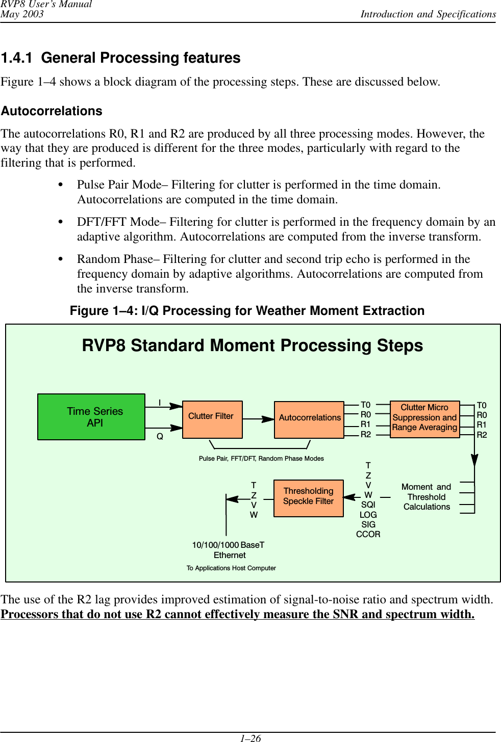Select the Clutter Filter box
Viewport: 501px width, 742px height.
tap(212, 419)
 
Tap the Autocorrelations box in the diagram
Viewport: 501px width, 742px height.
tap(309, 419)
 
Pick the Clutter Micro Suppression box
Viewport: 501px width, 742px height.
tap(424, 419)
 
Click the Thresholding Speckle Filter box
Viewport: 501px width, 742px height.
tap(308, 498)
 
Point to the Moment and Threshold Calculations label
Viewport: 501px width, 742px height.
tap(427, 497)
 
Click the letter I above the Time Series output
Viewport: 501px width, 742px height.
tap(160, 403)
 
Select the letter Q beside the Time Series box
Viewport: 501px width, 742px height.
tap(160, 437)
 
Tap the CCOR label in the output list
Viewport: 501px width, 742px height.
tap(368, 534)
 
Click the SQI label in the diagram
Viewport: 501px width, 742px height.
tap(368, 505)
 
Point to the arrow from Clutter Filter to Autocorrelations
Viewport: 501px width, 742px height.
tap(258, 419)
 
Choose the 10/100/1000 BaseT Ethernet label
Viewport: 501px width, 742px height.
tap(229, 550)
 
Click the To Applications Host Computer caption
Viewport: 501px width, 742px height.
tap(231, 568)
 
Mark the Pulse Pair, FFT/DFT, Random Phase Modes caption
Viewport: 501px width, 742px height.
tap(261, 459)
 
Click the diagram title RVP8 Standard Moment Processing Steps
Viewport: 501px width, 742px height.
tap(253, 346)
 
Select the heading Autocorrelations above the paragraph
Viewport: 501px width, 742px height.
tap(52, 111)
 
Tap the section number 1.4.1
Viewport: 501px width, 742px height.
tap(17, 58)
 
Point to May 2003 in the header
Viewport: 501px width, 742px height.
tap(22, 14)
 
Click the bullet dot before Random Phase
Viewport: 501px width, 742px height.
tap(61, 259)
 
